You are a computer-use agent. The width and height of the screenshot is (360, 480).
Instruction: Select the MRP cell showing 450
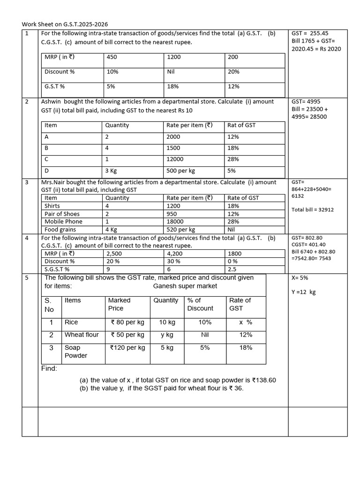point(112,57)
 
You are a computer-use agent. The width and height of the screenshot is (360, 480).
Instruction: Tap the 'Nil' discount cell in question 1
point(171,72)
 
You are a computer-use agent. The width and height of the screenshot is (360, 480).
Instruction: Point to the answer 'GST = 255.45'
point(310,33)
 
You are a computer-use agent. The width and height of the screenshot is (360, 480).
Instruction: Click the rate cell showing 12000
point(175,159)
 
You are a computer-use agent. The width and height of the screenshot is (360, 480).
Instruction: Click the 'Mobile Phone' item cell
point(63,221)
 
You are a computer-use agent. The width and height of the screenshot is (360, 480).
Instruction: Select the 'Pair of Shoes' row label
point(62,214)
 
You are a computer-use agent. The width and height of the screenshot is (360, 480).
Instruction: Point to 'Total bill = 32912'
point(313,210)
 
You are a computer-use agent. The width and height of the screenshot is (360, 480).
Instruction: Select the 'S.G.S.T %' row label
point(57,269)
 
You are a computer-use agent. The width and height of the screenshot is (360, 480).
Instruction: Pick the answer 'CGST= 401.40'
point(308,244)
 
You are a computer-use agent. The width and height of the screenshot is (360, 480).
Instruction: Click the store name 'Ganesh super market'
point(185,286)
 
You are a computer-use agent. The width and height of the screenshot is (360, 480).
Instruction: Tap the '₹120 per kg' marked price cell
point(127,348)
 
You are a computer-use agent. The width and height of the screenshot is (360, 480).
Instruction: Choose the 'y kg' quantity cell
point(167,335)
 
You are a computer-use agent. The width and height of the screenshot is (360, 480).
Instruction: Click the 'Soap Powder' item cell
point(75,352)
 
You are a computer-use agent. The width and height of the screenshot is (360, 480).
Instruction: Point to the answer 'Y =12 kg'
point(303,292)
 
